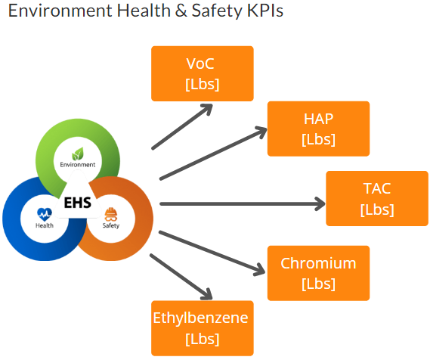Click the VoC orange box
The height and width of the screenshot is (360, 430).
click(203, 73)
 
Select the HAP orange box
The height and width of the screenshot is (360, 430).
click(318, 129)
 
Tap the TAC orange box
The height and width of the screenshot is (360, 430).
click(377, 198)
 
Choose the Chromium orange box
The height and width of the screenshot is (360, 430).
click(318, 273)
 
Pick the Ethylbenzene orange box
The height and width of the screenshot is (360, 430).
click(203, 328)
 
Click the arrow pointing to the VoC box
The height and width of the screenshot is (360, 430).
click(182, 126)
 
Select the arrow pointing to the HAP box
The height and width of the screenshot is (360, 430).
click(213, 153)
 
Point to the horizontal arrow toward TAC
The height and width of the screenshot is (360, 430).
click(243, 204)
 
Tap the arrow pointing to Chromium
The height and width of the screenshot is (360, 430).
click(212, 253)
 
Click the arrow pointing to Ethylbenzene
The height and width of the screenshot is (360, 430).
click(181, 277)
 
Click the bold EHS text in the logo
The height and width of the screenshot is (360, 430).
click(78, 203)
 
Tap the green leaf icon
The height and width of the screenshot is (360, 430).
click(78, 154)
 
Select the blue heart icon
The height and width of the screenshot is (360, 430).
click(45, 215)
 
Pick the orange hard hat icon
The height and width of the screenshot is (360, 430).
click(111, 215)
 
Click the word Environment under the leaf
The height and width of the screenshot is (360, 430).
click(78, 165)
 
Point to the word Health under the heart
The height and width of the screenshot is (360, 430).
click(45, 225)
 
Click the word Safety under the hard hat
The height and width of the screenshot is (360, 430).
click(111, 225)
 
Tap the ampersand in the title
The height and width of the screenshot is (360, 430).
click(181, 11)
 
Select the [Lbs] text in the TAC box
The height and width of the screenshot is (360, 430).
click(377, 209)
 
